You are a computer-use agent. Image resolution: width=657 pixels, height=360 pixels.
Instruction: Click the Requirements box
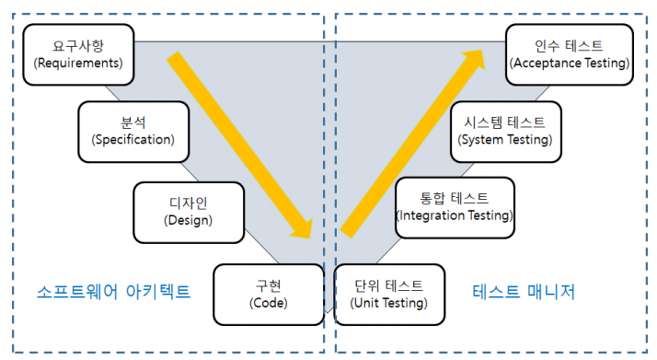(x=77, y=54)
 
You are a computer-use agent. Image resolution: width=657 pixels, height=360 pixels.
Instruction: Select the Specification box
(x=133, y=131)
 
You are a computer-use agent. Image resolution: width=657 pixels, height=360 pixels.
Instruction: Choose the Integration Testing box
(x=455, y=207)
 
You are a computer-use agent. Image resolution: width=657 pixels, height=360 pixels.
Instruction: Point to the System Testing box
(x=504, y=131)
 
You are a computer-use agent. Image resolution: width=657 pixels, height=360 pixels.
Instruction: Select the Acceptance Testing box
(x=570, y=54)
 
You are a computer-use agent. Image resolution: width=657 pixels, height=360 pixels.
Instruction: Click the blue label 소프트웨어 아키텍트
(x=113, y=293)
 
